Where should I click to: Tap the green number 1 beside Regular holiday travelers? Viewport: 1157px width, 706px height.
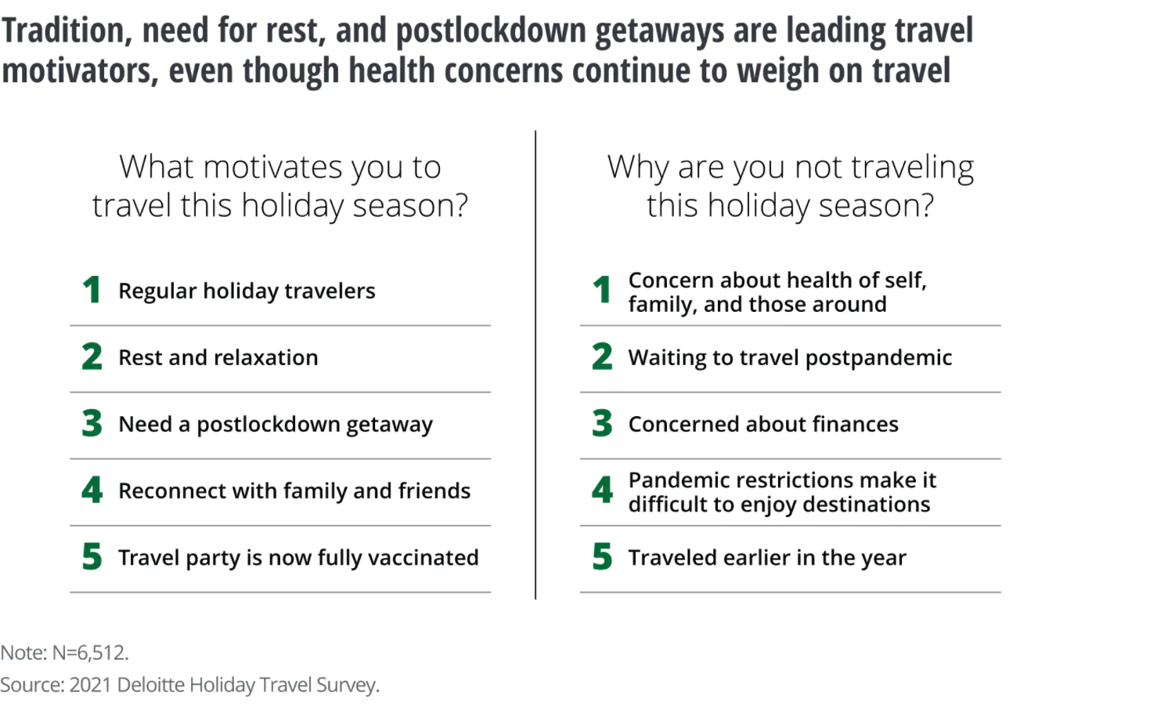pos(92,289)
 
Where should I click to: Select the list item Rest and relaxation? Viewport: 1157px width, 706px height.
pos(218,357)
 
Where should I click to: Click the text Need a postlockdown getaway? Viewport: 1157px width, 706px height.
pos(276,425)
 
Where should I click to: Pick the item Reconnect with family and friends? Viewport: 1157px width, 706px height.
pos(294,491)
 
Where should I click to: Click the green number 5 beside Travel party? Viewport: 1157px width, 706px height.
pos(92,556)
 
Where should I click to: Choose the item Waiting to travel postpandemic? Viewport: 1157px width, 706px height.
pos(790,358)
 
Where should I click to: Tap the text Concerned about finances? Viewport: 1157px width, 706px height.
pos(763,425)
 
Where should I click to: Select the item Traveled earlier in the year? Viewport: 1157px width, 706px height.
pos(767,558)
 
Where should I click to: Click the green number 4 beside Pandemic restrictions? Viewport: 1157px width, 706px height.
pos(602,490)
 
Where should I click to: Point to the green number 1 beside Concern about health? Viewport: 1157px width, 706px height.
pos(602,289)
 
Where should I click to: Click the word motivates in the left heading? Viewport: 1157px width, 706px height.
pos(272,167)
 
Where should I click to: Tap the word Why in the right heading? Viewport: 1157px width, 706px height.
pos(638,168)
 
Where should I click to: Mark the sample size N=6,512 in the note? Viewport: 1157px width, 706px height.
pos(90,653)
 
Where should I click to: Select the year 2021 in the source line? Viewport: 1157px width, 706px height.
pos(90,685)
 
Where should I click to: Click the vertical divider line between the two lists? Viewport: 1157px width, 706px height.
pos(535,365)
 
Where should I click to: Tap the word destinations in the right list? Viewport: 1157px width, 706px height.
pos(866,505)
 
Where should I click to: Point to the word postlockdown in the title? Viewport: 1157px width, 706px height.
pos(491,30)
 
